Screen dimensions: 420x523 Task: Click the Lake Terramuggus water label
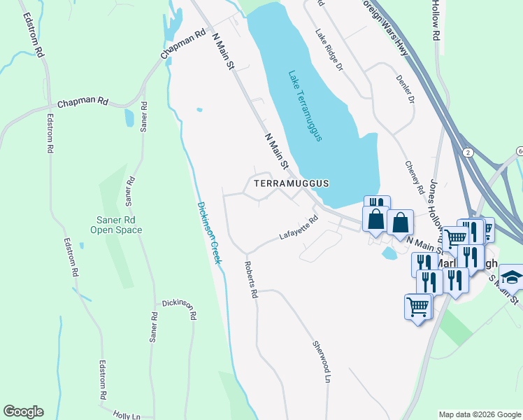tap(305, 106)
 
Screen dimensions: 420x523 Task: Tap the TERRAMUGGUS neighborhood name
tap(290, 183)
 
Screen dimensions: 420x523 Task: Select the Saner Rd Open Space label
tap(118, 225)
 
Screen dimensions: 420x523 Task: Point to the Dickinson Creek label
tap(209, 232)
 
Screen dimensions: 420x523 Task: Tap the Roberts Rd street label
tap(250, 280)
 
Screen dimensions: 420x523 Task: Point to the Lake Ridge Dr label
tap(329, 50)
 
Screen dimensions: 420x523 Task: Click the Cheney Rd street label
tap(415, 178)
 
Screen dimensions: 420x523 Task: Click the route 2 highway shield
tap(466, 152)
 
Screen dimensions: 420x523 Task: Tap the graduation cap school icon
tap(511, 277)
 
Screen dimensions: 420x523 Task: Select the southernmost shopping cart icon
tap(417, 306)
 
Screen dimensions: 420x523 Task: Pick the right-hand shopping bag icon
tap(399, 223)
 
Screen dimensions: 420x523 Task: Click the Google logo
tap(23, 412)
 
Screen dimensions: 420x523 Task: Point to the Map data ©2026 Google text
tap(479, 414)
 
